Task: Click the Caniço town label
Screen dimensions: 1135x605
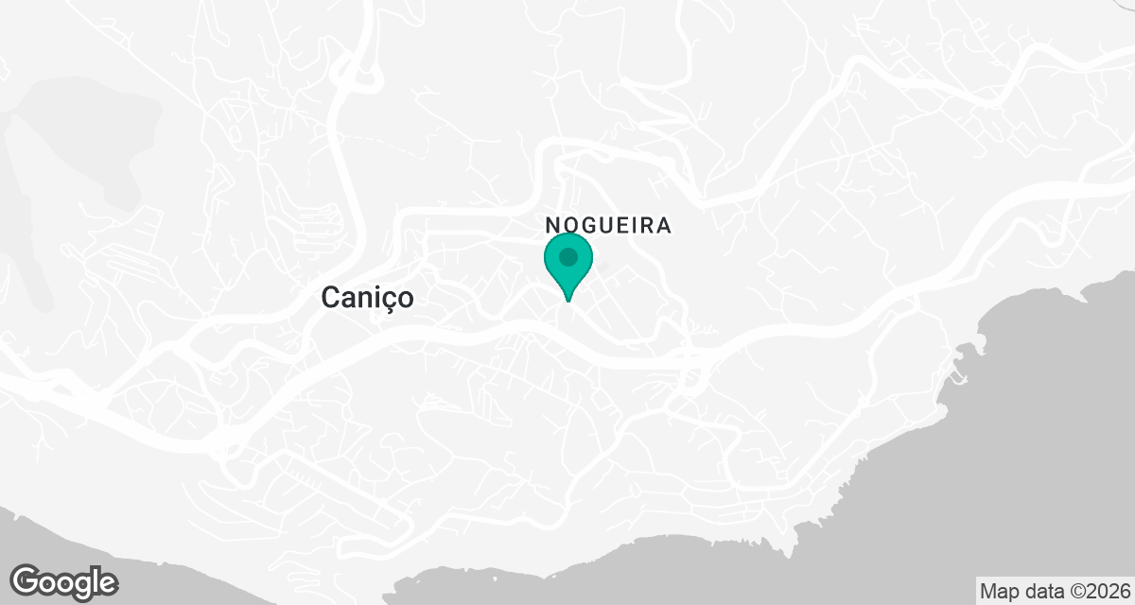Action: (367, 298)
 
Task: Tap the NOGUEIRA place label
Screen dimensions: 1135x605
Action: (608, 226)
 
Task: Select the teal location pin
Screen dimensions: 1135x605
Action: (567, 266)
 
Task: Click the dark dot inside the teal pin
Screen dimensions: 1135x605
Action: (567, 257)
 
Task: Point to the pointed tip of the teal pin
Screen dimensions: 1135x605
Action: (567, 300)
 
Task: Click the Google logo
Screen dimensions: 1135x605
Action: (63, 582)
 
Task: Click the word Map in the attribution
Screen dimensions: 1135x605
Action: (999, 591)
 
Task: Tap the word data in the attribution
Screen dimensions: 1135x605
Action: (1039, 591)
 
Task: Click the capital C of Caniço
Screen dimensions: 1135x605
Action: (330, 298)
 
